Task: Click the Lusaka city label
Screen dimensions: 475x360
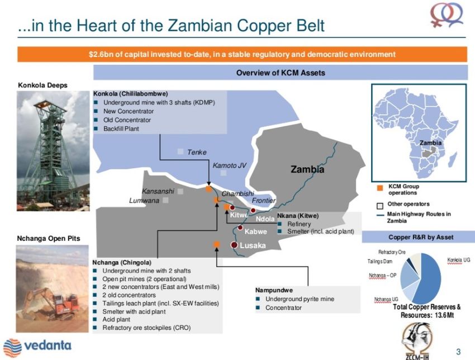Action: pyautogui.click(x=253, y=245)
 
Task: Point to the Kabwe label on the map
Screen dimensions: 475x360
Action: pyautogui.click(x=256, y=231)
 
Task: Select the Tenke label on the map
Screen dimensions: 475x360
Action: pyautogui.click(x=197, y=152)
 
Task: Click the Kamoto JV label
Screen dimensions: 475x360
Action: pyautogui.click(x=229, y=165)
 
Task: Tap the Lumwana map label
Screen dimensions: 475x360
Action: pyautogui.click(x=144, y=201)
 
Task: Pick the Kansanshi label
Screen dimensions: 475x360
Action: pyautogui.click(x=158, y=191)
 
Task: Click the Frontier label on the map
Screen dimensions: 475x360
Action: pyautogui.click(x=264, y=200)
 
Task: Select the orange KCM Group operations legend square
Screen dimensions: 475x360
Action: pyautogui.click(x=379, y=188)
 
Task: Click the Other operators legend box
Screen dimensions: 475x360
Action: pyautogui.click(x=380, y=206)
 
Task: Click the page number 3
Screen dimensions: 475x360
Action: pyautogui.click(x=458, y=352)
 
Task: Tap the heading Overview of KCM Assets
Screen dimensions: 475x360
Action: pyautogui.click(x=281, y=73)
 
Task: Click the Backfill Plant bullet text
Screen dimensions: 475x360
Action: pyautogui.click(x=121, y=129)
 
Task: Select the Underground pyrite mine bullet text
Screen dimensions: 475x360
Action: pyautogui.click(x=300, y=299)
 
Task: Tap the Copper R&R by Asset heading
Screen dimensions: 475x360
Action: pyautogui.click(x=421, y=237)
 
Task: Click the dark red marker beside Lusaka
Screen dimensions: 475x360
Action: pyautogui.click(x=234, y=245)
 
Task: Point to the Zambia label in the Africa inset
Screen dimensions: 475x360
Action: pyautogui.click(x=430, y=143)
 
